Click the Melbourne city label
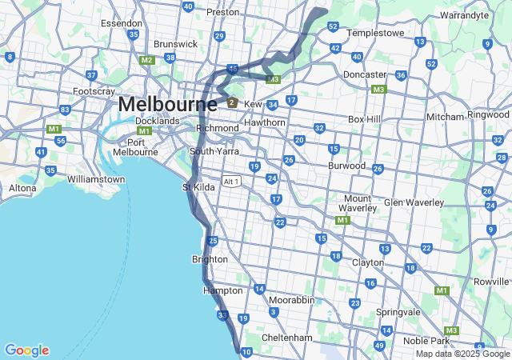tap(167, 105)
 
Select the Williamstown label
tap(96, 179)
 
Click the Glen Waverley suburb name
tap(414, 202)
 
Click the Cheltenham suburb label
tap(286, 338)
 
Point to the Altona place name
tap(22, 188)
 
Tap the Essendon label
tap(122, 23)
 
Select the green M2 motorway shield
tap(146, 60)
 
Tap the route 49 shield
tap(379, 346)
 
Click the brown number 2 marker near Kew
tap(232, 102)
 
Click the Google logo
tap(26, 350)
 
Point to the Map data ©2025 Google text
tap(462, 354)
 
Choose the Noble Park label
tap(448, 341)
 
